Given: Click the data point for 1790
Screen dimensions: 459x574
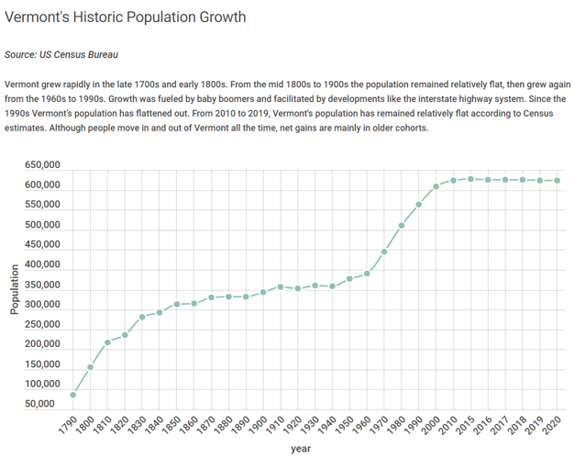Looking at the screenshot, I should [x=72, y=395].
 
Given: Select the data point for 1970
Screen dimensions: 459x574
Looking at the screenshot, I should [x=384, y=252].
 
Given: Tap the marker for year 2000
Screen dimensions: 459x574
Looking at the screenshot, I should [x=436, y=185].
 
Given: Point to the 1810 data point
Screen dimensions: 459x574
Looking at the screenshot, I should [x=107, y=342].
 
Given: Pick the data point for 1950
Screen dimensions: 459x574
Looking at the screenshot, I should [x=349, y=278].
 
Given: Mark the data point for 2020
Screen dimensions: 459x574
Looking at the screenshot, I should [x=557, y=180].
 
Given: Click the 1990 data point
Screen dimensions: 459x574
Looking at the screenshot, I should [x=419, y=204].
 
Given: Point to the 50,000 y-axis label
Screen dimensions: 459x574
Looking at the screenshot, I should [x=42, y=403].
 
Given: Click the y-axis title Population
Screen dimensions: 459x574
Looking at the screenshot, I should [x=14, y=289].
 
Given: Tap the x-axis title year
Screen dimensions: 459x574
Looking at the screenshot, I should [x=301, y=448].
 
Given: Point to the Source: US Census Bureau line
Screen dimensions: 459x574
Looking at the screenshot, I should [x=61, y=55].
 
